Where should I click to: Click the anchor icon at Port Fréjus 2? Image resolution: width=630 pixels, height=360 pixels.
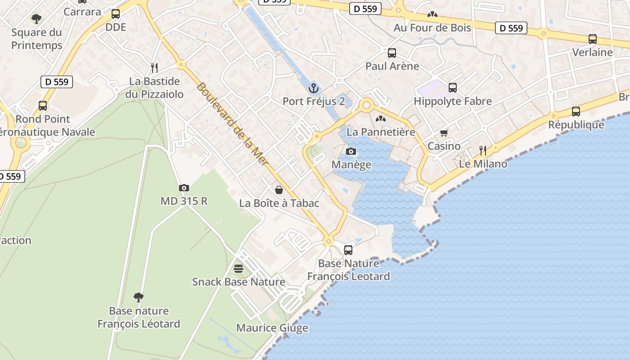click(314, 88)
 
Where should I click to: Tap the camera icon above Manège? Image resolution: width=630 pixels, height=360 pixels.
click(351, 151)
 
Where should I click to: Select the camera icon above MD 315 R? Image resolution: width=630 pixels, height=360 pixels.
click(184, 188)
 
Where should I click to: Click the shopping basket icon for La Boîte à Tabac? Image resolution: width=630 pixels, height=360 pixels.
click(279, 189)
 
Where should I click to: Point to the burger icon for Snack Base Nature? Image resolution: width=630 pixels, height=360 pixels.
click(238, 269)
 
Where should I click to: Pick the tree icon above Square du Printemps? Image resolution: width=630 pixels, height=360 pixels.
click(36, 19)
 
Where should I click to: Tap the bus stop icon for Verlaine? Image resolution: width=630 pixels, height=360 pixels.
click(592, 39)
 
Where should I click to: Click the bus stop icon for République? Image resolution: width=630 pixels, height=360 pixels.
click(576, 111)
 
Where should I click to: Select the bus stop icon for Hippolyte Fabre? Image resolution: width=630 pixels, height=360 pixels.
click(452, 88)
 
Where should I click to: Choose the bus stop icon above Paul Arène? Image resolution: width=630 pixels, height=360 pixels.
click(391, 53)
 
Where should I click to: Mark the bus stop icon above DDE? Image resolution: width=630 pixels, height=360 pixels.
click(116, 14)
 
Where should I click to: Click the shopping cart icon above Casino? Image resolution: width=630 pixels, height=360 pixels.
click(444, 133)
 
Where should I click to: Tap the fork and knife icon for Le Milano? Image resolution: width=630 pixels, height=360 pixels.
click(483, 150)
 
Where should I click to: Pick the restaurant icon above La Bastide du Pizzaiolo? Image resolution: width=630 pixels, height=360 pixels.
click(154, 68)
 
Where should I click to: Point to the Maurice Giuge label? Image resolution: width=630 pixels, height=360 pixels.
click(272, 328)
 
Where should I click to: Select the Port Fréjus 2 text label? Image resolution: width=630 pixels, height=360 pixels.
click(314, 101)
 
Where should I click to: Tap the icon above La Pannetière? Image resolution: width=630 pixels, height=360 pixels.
click(381, 119)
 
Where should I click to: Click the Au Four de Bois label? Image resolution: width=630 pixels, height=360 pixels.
click(432, 27)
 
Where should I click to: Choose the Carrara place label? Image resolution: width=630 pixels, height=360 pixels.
click(82, 12)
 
